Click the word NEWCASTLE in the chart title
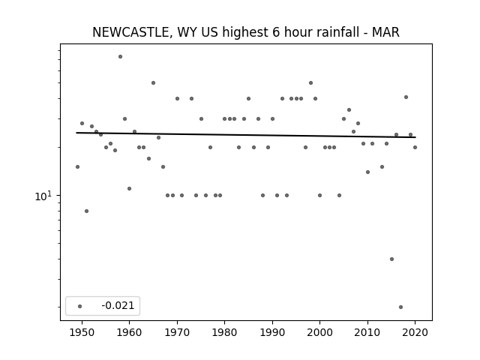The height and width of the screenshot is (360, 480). tap(130, 32)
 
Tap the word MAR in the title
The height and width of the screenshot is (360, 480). tap(385, 32)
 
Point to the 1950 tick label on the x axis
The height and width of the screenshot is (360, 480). tap(82, 332)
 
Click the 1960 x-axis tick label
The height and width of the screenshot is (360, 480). tap(129, 332)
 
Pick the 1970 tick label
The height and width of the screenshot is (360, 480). tap(177, 332)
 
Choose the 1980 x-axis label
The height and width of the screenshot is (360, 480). tap(224, 332)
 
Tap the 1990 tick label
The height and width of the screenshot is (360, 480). tap(272, 332)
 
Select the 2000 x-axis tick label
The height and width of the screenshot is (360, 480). tap(320, 332)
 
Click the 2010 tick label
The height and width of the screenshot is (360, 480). tap(367, 332)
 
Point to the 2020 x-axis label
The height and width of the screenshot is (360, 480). tap(415, 332)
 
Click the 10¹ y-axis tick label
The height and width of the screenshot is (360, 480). tap(43, 196)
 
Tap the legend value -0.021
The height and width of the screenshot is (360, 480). tap(118, 305)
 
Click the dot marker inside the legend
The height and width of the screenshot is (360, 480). tap(80, 306)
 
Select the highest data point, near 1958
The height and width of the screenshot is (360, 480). tap(120, 57)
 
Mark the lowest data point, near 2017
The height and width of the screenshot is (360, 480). tap(400, 307)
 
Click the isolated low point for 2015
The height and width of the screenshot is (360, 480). tap(391, 259)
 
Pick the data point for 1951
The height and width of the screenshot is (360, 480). tap(87, 211)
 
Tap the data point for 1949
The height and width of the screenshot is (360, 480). tap(77, 166)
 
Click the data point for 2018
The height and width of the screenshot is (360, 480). tap(406, 97)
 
